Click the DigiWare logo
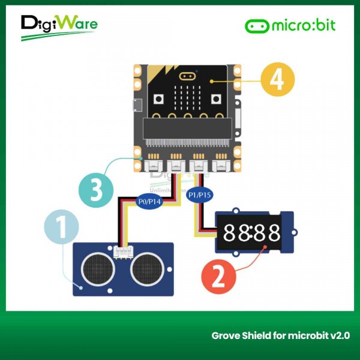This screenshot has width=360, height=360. pos(58,26)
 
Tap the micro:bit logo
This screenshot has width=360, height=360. pos(290,26)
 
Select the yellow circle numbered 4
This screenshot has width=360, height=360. pos(277,81)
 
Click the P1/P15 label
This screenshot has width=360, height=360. pos(199,195)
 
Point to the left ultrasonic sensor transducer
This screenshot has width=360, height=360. pos(97,268)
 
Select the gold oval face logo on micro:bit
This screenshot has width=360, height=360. pos(188,77)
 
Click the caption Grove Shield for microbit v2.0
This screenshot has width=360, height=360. pos(281,335)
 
